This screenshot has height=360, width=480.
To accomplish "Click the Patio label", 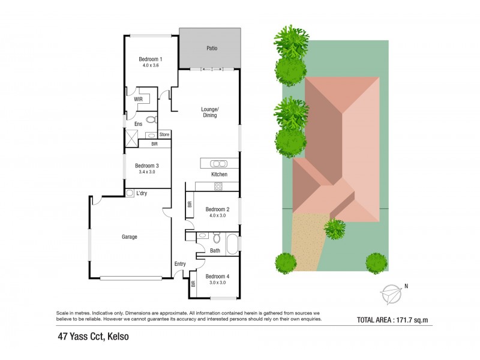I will [211, 47].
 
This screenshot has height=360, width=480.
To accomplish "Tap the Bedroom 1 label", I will [151, 59].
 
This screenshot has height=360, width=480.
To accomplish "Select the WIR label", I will [138, 98].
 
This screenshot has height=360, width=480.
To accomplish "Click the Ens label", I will [137, 124].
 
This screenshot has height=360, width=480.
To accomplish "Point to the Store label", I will [164, 134].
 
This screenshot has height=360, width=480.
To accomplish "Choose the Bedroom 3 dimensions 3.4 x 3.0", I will [146, 172].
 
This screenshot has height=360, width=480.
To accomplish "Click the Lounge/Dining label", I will [209, 112].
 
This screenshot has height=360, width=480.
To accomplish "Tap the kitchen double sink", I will [218, 163].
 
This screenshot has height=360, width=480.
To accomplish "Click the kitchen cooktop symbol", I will [218, 186].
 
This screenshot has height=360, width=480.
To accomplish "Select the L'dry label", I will [142, 193].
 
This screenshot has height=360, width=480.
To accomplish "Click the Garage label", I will [130, 237].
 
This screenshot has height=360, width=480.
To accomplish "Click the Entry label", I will [179, 264].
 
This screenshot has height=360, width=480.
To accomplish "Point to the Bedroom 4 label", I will [217, 277].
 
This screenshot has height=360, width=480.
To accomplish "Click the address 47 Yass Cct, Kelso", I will [89, 337].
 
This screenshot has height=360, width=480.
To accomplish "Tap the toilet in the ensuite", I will [151, 120].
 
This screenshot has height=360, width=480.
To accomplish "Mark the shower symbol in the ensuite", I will [131, 137].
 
